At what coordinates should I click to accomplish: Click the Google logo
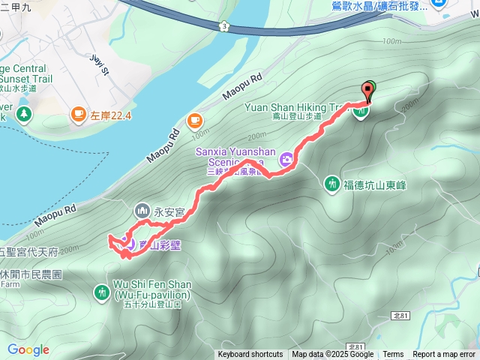click(28, 349)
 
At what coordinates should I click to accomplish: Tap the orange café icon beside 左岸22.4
click(78, 115)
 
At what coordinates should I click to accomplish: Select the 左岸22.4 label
click(111, 115)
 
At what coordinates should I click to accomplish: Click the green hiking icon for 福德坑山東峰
click(332, 184)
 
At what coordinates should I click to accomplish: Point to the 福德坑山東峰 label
click(374, 184)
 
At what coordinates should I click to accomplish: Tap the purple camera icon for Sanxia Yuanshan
click(286, 160)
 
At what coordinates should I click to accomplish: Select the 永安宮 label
click(169, 213)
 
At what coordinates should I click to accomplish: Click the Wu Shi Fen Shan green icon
click(102, 291)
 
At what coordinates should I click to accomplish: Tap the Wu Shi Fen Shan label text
click(152, 289)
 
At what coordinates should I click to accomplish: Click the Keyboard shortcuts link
click(250, 354)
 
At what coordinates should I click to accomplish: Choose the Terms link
click(393, 354)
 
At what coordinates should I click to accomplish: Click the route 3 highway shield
click(223, 26)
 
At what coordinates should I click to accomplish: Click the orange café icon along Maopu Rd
click(194, 120)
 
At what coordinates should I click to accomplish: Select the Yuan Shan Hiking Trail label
click(296, 107)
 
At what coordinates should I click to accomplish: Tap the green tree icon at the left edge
click(24, 114)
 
